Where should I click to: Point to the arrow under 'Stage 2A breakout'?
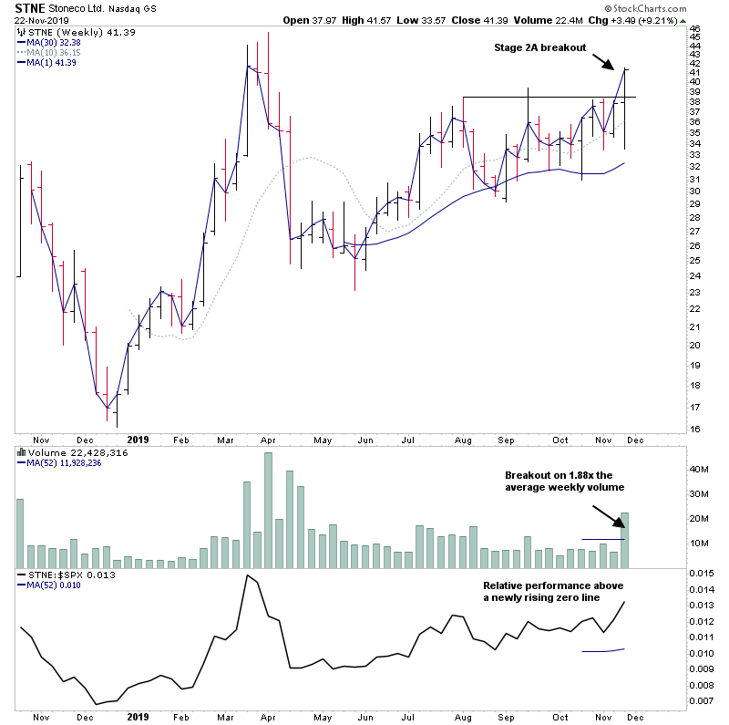click(x=604, y=62)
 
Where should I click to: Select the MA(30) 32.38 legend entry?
click(x=56, y=42)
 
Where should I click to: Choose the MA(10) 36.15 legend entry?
click(x=56, y=52)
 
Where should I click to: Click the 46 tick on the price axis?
click(x=693, y=29)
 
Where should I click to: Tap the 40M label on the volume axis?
click(x=697, y=470)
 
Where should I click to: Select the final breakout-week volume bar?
click(x=624, y=540)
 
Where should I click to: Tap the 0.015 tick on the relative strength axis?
click(x=702, y=573)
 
